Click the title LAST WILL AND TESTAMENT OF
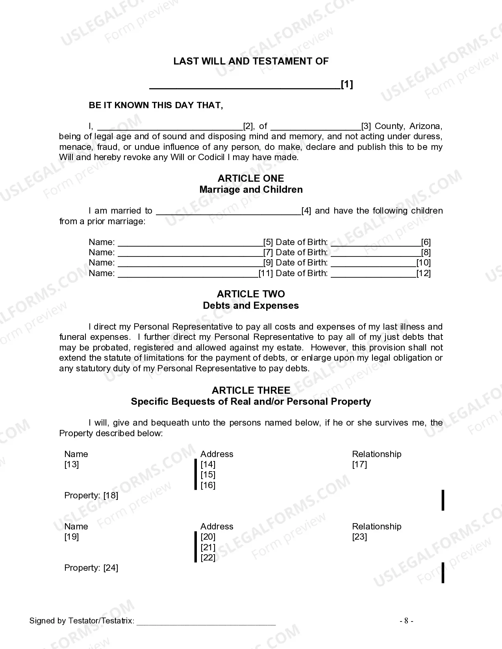(251, 61)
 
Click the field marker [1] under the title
(347, 84)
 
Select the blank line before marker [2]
(170, 127)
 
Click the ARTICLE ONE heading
(251, 179)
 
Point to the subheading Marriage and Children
(251, 190)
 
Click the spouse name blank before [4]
(228, 212)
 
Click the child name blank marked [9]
(190, 263)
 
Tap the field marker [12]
(424, 273)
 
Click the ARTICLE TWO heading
(251, 294)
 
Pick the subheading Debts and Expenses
(251, 306)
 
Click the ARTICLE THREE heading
(251, 391)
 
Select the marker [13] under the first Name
(72, 465)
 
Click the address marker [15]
(208, 475)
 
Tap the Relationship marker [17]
(359, 465)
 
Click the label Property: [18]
(91, 496)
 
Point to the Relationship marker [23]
(359, 537)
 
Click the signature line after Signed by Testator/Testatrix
(206, 621)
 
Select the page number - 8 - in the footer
(406, 621)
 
